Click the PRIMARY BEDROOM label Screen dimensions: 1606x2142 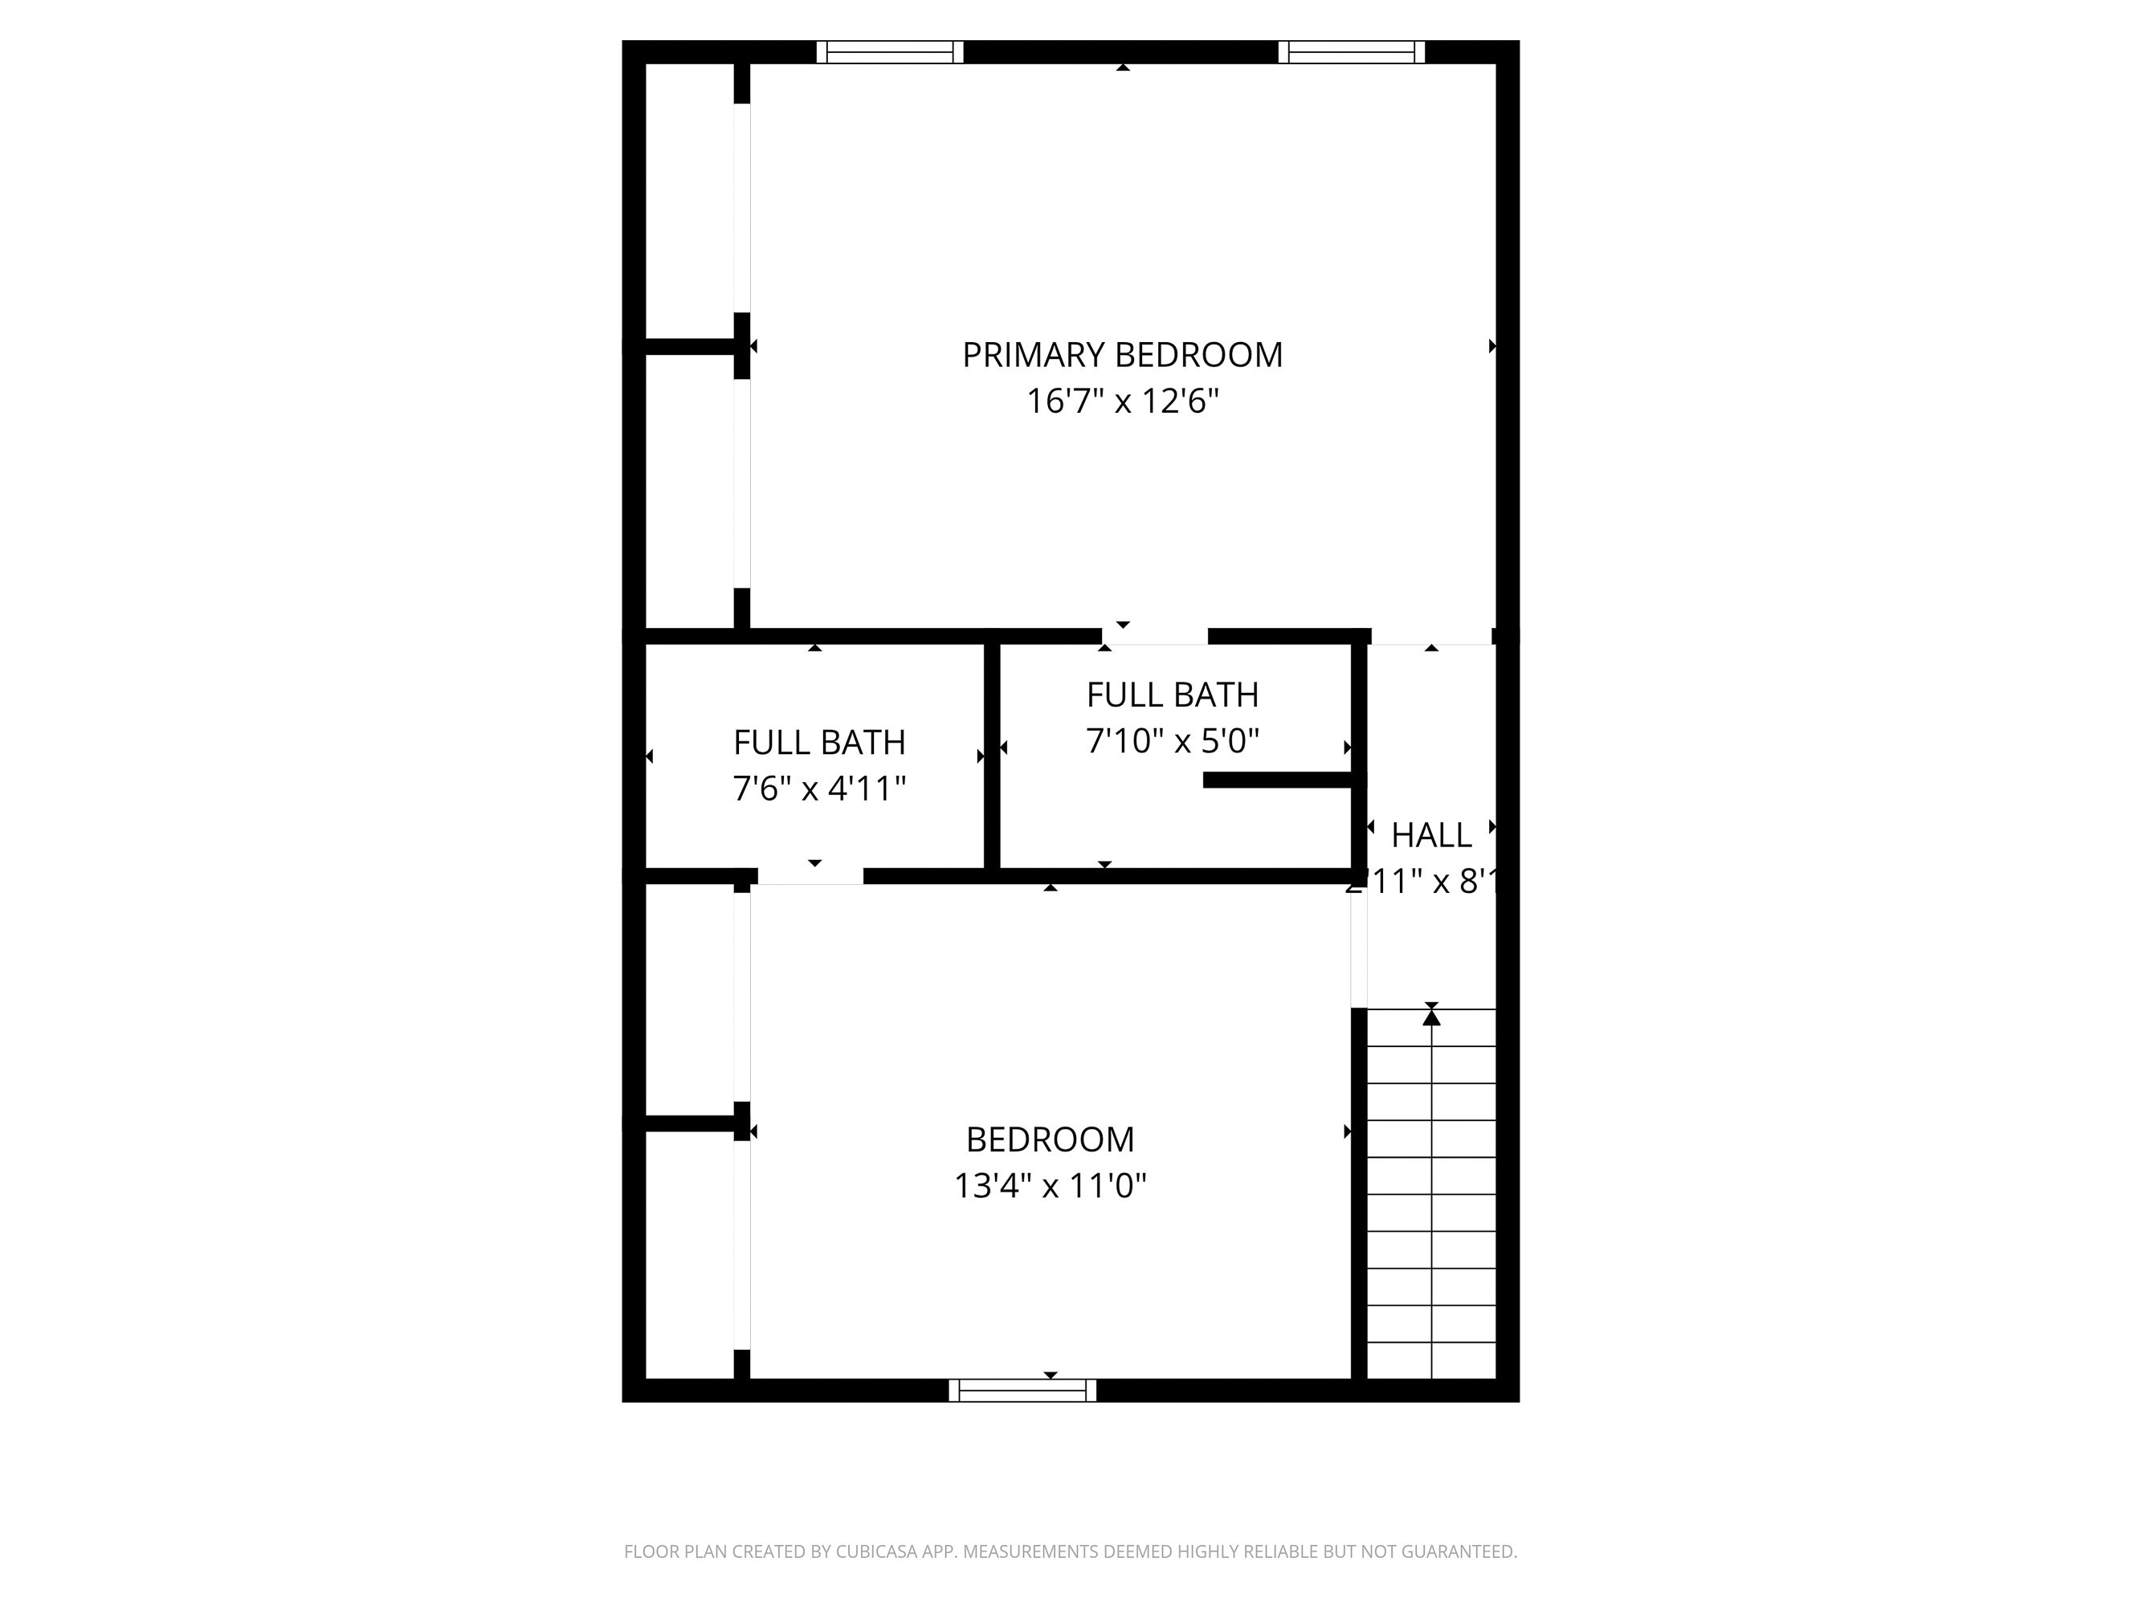[x=1121, y=355]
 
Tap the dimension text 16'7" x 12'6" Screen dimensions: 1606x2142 [x=1121, y=401]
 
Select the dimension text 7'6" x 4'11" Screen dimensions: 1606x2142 [x=819, y=789]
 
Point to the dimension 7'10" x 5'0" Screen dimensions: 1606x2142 [x=1172, y=741]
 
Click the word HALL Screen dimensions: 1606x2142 [x=1430, y=834]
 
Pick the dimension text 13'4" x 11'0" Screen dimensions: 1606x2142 [x=1050, y=1186]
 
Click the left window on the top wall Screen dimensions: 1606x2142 [x=889, y=52]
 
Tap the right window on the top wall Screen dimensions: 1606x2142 [x=1351, y=52]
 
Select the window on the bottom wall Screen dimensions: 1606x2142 [x=1022, y=1391]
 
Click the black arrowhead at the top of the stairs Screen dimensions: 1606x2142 [x=1431, y=1017]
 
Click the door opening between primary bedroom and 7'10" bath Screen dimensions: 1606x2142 [x=1154, y=637]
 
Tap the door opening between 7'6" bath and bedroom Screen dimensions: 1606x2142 [x=810, y=876]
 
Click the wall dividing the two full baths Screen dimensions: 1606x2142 [x=992, y=755]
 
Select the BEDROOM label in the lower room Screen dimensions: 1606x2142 [x=1050, y=1139]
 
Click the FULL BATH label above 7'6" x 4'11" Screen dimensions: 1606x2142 [x=819, y=743]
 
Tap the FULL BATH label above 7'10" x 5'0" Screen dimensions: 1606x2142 [x=1172, y=695]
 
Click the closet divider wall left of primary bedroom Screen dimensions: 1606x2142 [x=689, y=345]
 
